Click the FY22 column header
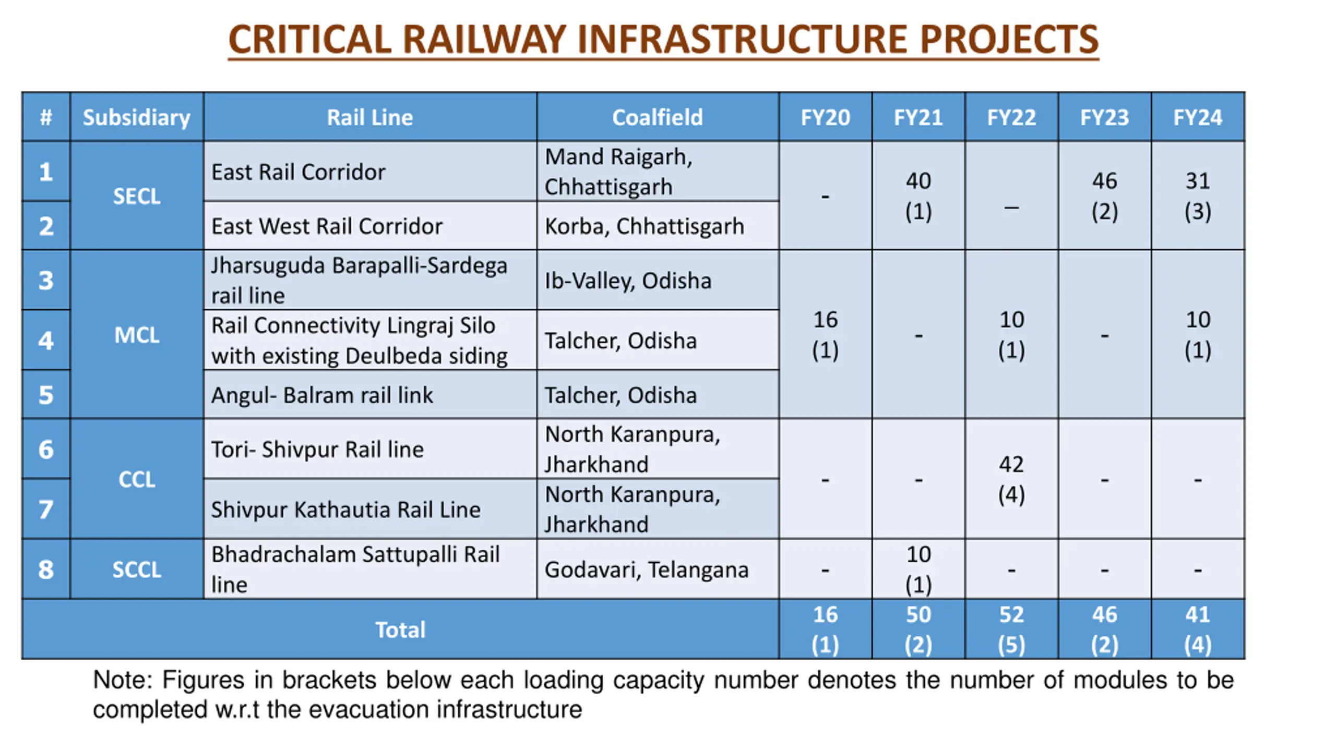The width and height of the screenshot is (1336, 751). tap(1011, 117)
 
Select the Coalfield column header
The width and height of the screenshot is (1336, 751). tap(657, 117)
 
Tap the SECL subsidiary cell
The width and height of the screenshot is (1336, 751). tap(137, 196)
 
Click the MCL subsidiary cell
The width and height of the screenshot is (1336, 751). tap(137, 335)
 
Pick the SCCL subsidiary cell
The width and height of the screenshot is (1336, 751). tap(137, 569)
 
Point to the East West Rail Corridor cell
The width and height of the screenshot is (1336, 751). tap(327, 226)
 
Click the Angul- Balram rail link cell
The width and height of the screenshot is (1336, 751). tap(322, 395)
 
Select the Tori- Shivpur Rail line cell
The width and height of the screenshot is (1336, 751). tap(317, 449)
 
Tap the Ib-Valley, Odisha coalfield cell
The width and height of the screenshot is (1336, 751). tap(628, 281)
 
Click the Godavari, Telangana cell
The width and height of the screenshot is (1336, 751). tap(647, 569)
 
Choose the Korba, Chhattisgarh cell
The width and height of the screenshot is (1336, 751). tap(645, 226)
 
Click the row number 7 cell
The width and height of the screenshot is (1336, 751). tap(46, 509)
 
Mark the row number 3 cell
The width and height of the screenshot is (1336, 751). tap(46, 281)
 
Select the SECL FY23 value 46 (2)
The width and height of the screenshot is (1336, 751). tap(1104, 196)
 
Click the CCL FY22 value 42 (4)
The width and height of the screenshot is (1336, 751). tap(1011, 479)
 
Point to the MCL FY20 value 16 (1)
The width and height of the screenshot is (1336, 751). tap(825, 334)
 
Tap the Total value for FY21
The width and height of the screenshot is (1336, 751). tap(918, 629)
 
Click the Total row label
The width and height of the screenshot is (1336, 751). tap(400, 629)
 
